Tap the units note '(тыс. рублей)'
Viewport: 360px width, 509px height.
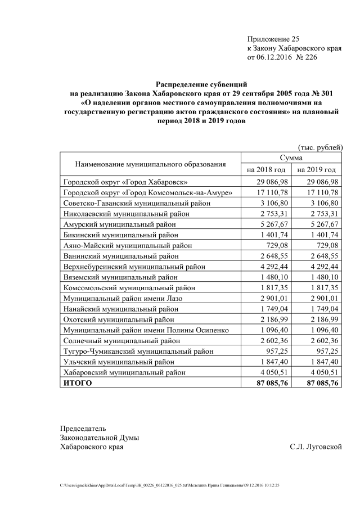[x=319, y=147]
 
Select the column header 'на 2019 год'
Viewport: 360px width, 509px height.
[x=317, y=169]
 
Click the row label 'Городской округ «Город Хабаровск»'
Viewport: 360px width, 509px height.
[x=125, y=182]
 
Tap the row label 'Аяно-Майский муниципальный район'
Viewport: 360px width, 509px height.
[x=128, y=245]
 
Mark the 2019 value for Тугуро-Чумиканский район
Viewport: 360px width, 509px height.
[x=326, y=351]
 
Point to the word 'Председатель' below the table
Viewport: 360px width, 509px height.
[x=83, y=428]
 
